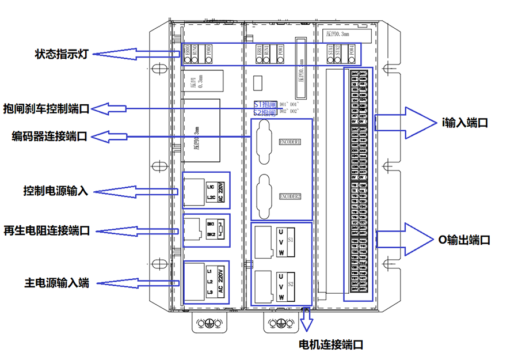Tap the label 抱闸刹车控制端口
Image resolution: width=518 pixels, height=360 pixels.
47,108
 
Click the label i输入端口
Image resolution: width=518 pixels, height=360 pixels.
464,122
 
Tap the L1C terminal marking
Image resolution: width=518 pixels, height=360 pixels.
211,187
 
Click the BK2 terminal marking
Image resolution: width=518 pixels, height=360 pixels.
211,234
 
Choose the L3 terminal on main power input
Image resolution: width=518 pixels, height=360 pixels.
210,292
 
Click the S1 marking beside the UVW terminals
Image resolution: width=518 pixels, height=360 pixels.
291,238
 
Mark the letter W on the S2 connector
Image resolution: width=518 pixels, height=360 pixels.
281,297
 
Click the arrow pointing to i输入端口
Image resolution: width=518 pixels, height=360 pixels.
405,122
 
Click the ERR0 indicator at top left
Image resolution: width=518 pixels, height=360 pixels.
188,51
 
